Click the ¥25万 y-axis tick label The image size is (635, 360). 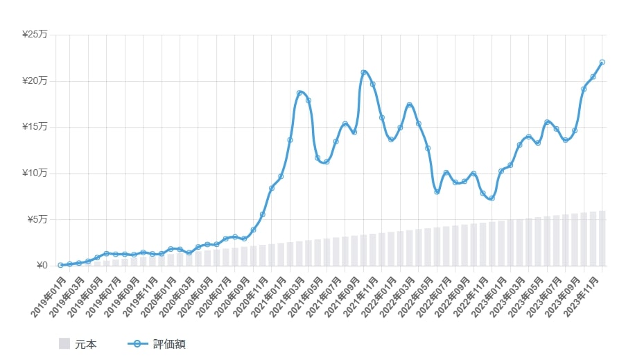[x=35, y=35]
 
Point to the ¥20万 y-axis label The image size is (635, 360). [x=35, y=81]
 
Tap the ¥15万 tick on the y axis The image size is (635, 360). [x=35, y=127]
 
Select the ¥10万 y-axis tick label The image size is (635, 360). [x=35, y=173]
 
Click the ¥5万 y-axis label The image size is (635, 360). [x=37, y=220]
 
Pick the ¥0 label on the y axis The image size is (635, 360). [x=41, y=266]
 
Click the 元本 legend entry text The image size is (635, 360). [x=86, y=344]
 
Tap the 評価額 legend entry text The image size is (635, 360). [x=169, y=344]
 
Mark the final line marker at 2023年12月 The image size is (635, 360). [x=602, y=62]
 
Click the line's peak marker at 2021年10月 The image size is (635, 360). [x=363, y=72]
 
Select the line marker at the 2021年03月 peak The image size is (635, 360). [x=299, y=93]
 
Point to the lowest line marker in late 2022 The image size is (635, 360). [x=492, y=198]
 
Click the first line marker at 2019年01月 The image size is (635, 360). [x=61, y=265]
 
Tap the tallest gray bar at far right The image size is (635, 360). [x=602, y=238]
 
